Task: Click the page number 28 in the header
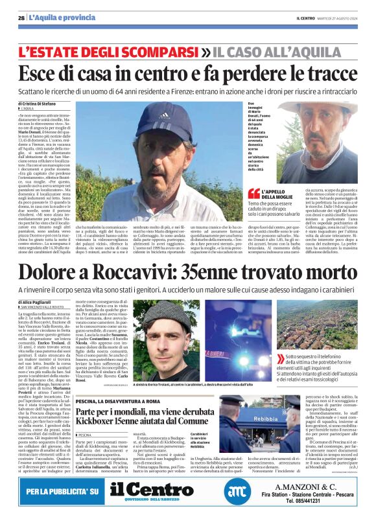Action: pos(21,17)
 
